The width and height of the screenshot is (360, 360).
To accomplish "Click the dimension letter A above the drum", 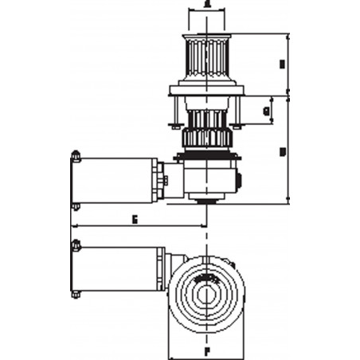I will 207,5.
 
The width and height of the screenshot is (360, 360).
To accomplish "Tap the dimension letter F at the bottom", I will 206,349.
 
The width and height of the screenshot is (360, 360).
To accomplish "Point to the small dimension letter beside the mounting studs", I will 265,111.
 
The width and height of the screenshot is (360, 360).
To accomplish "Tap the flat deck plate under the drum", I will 206,92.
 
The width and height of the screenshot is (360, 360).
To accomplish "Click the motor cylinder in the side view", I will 118,180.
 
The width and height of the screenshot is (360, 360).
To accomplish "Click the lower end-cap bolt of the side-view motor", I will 75,206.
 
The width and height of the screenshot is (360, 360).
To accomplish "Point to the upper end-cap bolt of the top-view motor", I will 75,242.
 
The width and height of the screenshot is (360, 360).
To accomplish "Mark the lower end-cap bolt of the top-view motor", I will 75,295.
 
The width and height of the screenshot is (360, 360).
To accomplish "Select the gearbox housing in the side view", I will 209,178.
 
